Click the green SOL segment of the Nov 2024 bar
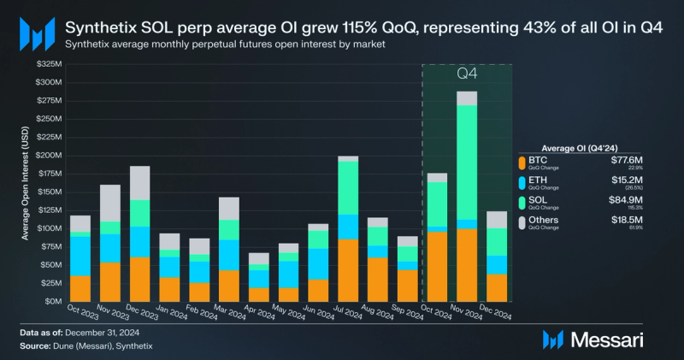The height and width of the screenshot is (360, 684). coord(466,162)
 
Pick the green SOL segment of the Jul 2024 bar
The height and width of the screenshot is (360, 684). coord(348,187)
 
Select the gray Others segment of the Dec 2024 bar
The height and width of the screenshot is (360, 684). coord(495,220)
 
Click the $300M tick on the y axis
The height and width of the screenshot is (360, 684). coord(48,82)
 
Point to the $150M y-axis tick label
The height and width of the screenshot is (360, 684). coord(48,192)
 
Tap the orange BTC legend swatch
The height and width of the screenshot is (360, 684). coord(523,162)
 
